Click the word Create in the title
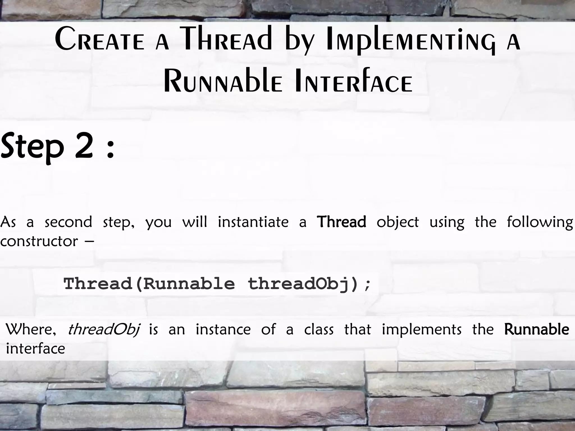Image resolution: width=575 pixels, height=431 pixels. [x=100, y=39]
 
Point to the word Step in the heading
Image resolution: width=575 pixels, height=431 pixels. [x=33, y=148]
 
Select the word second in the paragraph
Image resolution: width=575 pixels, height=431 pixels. [x=68, y=222]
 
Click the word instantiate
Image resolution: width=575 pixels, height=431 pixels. [x=253, y=222]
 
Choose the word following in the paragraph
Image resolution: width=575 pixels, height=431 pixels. [x=540, y=223]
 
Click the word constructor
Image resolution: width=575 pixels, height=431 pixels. [x=39, y=241]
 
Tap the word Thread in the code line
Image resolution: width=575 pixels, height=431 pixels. [x=98, y=284]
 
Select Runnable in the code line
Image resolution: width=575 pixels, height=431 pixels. [x=189, y=284]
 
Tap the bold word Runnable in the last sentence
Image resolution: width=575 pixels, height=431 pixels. [x=537, y=329]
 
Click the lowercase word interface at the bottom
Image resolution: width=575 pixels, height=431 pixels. [x=35, y=349]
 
